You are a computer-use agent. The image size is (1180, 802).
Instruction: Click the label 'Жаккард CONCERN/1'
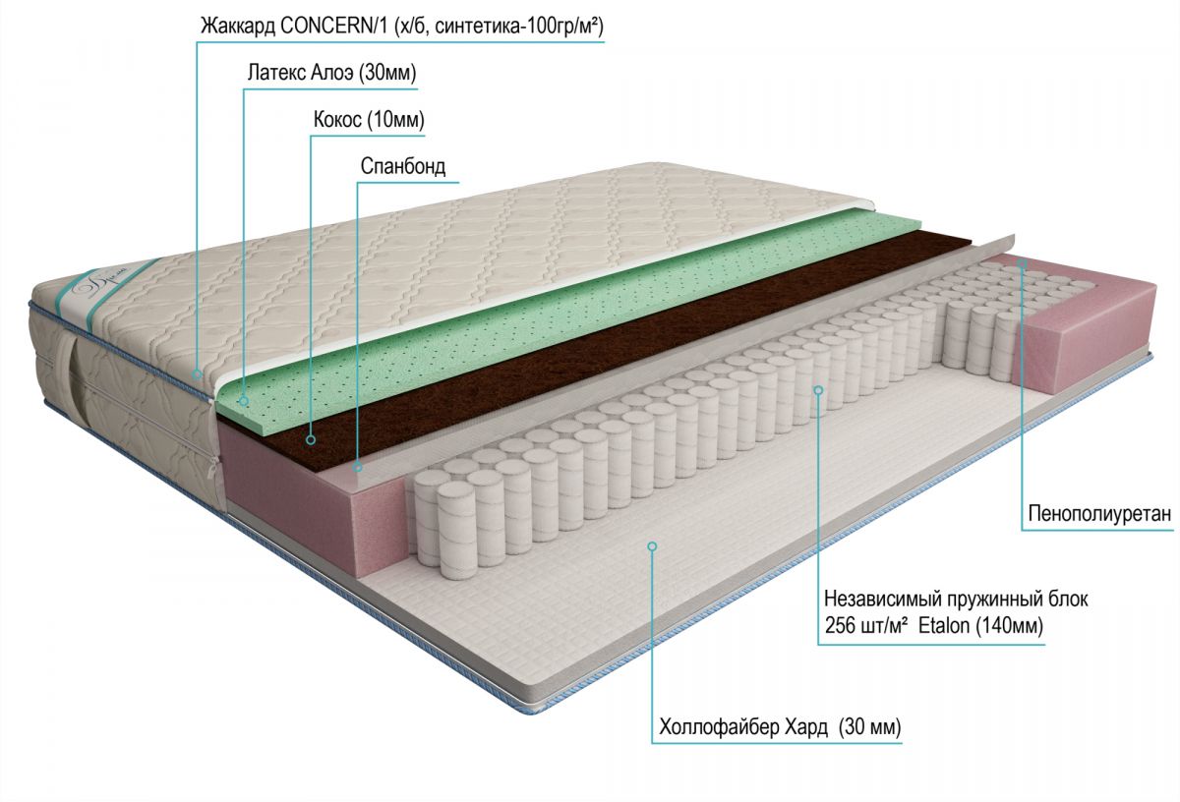pos(295,27)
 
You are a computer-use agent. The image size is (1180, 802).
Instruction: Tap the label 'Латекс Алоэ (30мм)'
pos(332,73)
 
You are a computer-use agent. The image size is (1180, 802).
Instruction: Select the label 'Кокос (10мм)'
pos(369,120)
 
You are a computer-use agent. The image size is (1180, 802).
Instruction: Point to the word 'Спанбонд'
pos(403,166)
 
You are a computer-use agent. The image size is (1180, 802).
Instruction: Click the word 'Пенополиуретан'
pos(1100,513)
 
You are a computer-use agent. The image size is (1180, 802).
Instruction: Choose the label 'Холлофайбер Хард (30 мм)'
pos(780,727)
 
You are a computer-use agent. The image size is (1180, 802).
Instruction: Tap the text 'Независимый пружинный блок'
pos(956,599)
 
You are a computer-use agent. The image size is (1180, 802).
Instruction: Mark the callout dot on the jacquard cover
pos(197,374)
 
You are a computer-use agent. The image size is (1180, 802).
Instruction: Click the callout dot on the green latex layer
pos(244,401)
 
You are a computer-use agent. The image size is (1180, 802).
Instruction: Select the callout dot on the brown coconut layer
pos(311,439)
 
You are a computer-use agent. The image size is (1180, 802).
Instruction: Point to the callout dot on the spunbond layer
pos(358,467)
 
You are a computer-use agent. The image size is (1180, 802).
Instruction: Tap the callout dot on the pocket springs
pos(818,390)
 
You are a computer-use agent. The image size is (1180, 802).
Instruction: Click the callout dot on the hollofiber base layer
pos(652,546)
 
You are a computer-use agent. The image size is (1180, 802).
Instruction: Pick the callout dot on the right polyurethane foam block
pos(1022,262)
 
